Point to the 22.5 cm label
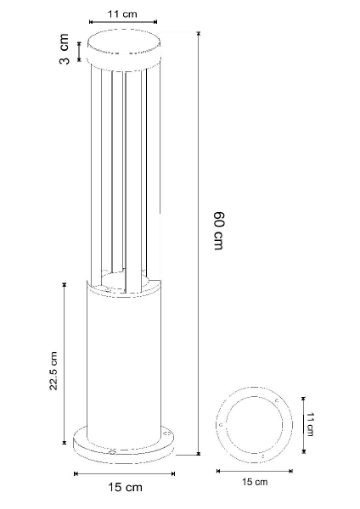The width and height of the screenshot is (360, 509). coord(53,371)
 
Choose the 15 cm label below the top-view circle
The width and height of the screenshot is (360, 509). coord(255,482)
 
